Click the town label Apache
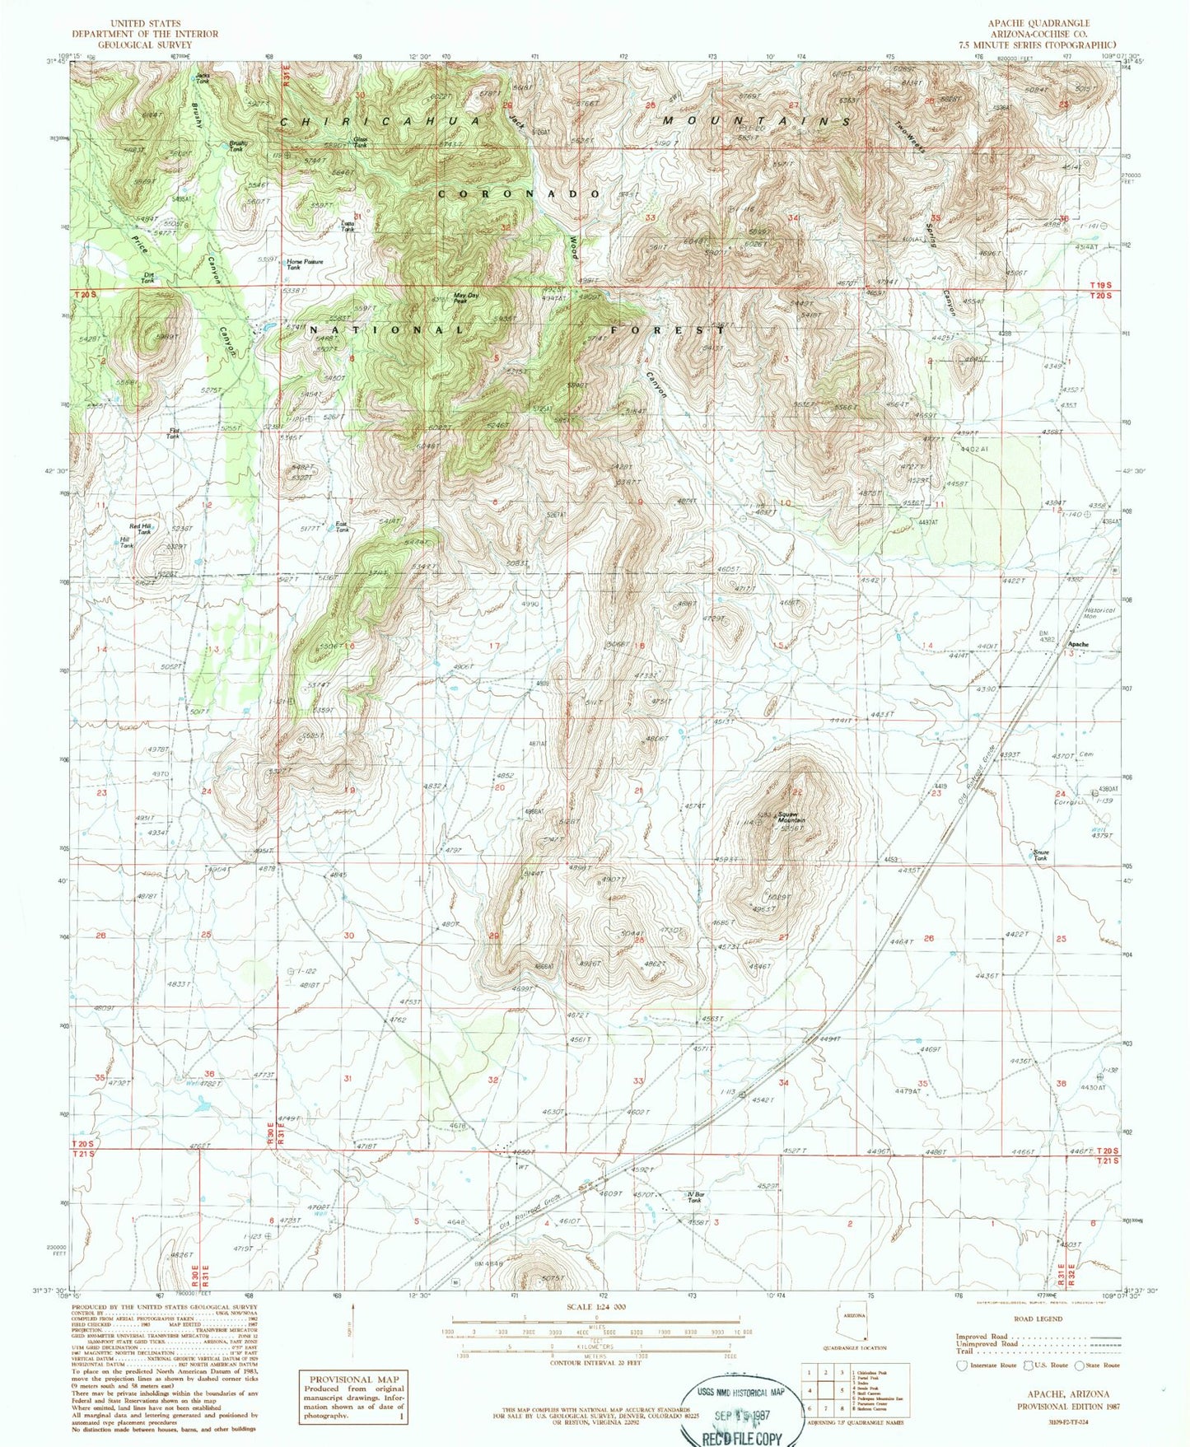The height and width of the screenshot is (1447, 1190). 1078,644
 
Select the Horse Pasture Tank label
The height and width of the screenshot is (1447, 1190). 305,264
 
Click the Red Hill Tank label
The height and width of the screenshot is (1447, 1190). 141,529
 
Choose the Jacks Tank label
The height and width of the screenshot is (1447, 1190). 202,78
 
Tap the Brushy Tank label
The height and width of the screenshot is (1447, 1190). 236,146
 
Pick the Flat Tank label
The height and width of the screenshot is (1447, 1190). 173,433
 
